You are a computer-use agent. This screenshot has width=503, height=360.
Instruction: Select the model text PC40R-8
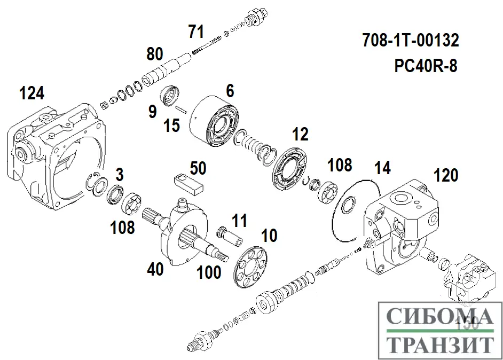point(425,66)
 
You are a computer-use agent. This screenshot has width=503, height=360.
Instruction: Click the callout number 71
point(196,32)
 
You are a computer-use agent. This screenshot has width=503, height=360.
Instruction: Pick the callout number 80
point(154,54)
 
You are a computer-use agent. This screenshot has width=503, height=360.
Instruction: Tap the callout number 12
point(301,135)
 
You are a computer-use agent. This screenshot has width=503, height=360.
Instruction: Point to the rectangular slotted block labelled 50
point(189,182)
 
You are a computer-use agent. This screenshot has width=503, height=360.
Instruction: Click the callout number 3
point(120,174)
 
